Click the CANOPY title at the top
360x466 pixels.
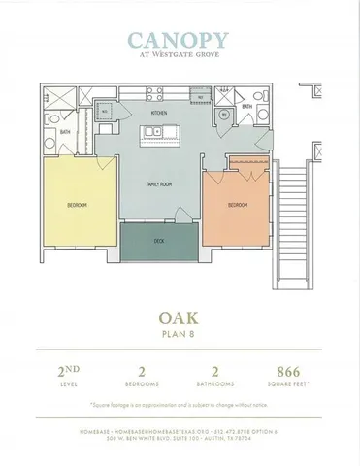(x=180, y=41)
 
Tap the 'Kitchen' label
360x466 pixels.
(x=158, y=113)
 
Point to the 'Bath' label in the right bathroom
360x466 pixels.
(x=246, y=108)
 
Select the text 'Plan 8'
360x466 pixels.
(x=180, y=334)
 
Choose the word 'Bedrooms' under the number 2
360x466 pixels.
(x=142, y=383)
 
